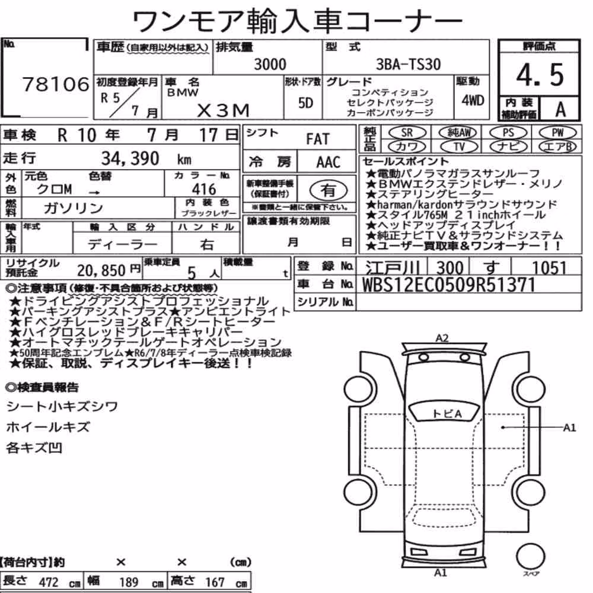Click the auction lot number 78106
point(56,84)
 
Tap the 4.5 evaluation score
point(540,75)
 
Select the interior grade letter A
point(560,110)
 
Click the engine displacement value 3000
point(270,64)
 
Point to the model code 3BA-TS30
point(408,64)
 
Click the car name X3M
point(224,110)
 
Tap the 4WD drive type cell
point(473,100)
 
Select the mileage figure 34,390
point(130,158)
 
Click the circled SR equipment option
point(407,133)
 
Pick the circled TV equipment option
point(459,146)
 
